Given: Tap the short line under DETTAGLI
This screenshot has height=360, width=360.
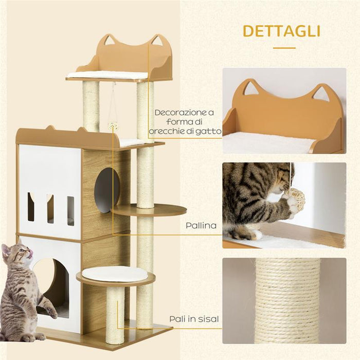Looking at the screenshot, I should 284,48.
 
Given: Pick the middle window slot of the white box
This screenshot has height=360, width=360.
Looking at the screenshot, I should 50,208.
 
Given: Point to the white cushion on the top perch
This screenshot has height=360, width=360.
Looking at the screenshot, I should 108,75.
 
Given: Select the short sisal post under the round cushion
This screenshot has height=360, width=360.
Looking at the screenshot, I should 115,314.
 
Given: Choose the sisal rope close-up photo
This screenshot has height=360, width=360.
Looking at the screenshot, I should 284,301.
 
